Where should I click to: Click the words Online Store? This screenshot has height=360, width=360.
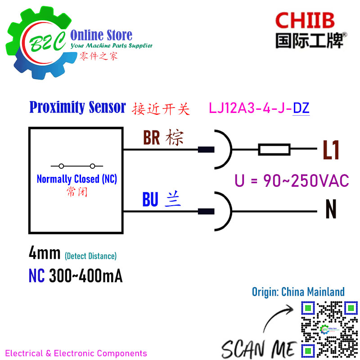(x=101, y=35)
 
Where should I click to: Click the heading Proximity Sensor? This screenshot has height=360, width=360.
(x=77, y=108)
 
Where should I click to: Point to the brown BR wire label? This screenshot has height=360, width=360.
(x=152, y=138)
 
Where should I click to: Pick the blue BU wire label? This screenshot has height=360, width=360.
(x=150, y=199)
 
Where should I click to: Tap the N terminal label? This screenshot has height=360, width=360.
(x=331, y=209)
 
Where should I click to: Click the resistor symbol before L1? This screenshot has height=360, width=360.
(x=274, y=149)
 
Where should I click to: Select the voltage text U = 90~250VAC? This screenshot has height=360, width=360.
(x=292, y=180)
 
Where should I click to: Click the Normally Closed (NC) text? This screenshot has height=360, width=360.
(x=76, y=179)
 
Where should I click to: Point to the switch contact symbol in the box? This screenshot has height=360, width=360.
(x=76, y=165)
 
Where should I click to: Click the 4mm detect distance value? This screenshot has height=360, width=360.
(x=45, y=254)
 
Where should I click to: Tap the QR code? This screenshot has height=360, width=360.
(x=328, y=328)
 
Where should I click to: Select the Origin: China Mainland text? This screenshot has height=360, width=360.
(x=298, y=292)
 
